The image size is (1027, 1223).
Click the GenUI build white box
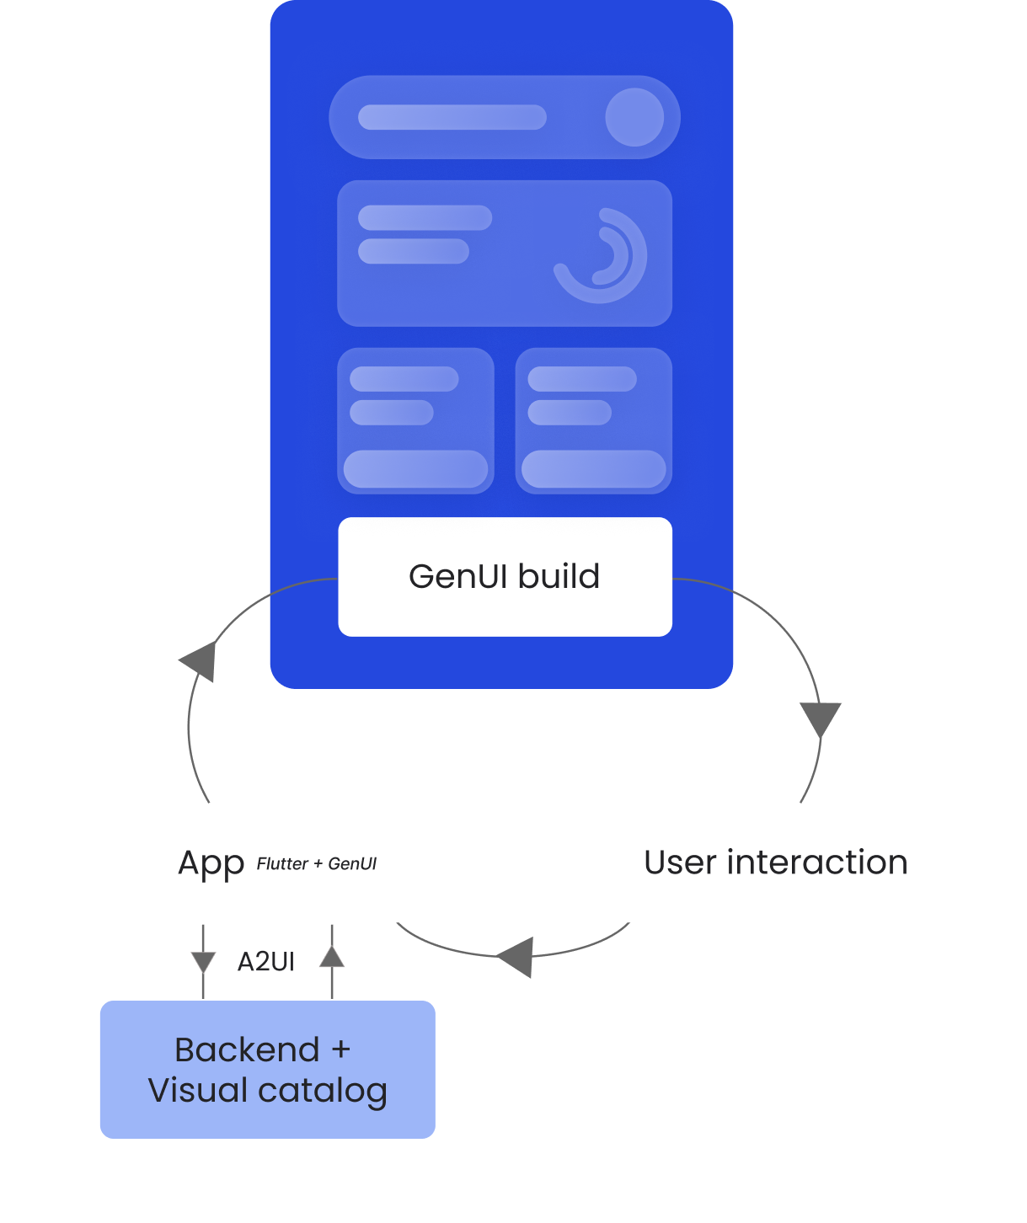pyautogui.click(x=505, y=577)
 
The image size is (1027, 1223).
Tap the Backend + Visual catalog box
pyautogui.click(x=267, y=1070)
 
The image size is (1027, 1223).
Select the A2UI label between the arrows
pyautogui.click(x=265, y=962)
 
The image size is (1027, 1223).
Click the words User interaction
pyautogui.click(x=775, y=863)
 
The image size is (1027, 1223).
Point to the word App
pyautogui.click(x=211, y=863)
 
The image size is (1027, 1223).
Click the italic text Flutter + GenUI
pyautogui.click(x=316, y=864)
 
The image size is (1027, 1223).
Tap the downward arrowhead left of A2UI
pyautogui.click(x=203, y=962)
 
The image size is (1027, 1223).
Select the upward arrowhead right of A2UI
pyautogui.click(x=332, y=957)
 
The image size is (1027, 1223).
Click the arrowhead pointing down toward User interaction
pyautogui.click(x=821, y=719)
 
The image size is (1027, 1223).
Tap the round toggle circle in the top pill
pyautogui.click(x=634, y=117)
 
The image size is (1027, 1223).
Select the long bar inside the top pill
pyautogui.click(x=452, y=117)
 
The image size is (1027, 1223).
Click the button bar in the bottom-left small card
pyautogui.click(x=415, y=469)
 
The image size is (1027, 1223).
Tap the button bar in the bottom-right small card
pyautogui.click(x=593, y=469)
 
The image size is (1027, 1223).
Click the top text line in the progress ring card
pyautogui.click(x=425, y=218)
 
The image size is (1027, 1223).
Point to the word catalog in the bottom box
pyautogui.click(x=323, y=1091)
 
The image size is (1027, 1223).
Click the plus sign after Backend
pyautogui.click(x=340, y=1050)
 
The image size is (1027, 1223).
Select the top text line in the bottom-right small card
pyautogui.click(x=581, y=379)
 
